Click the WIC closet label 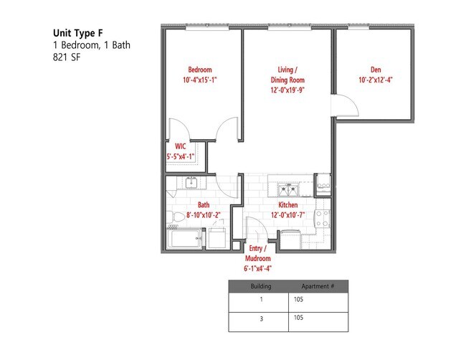180,146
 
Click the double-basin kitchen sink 289,189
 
